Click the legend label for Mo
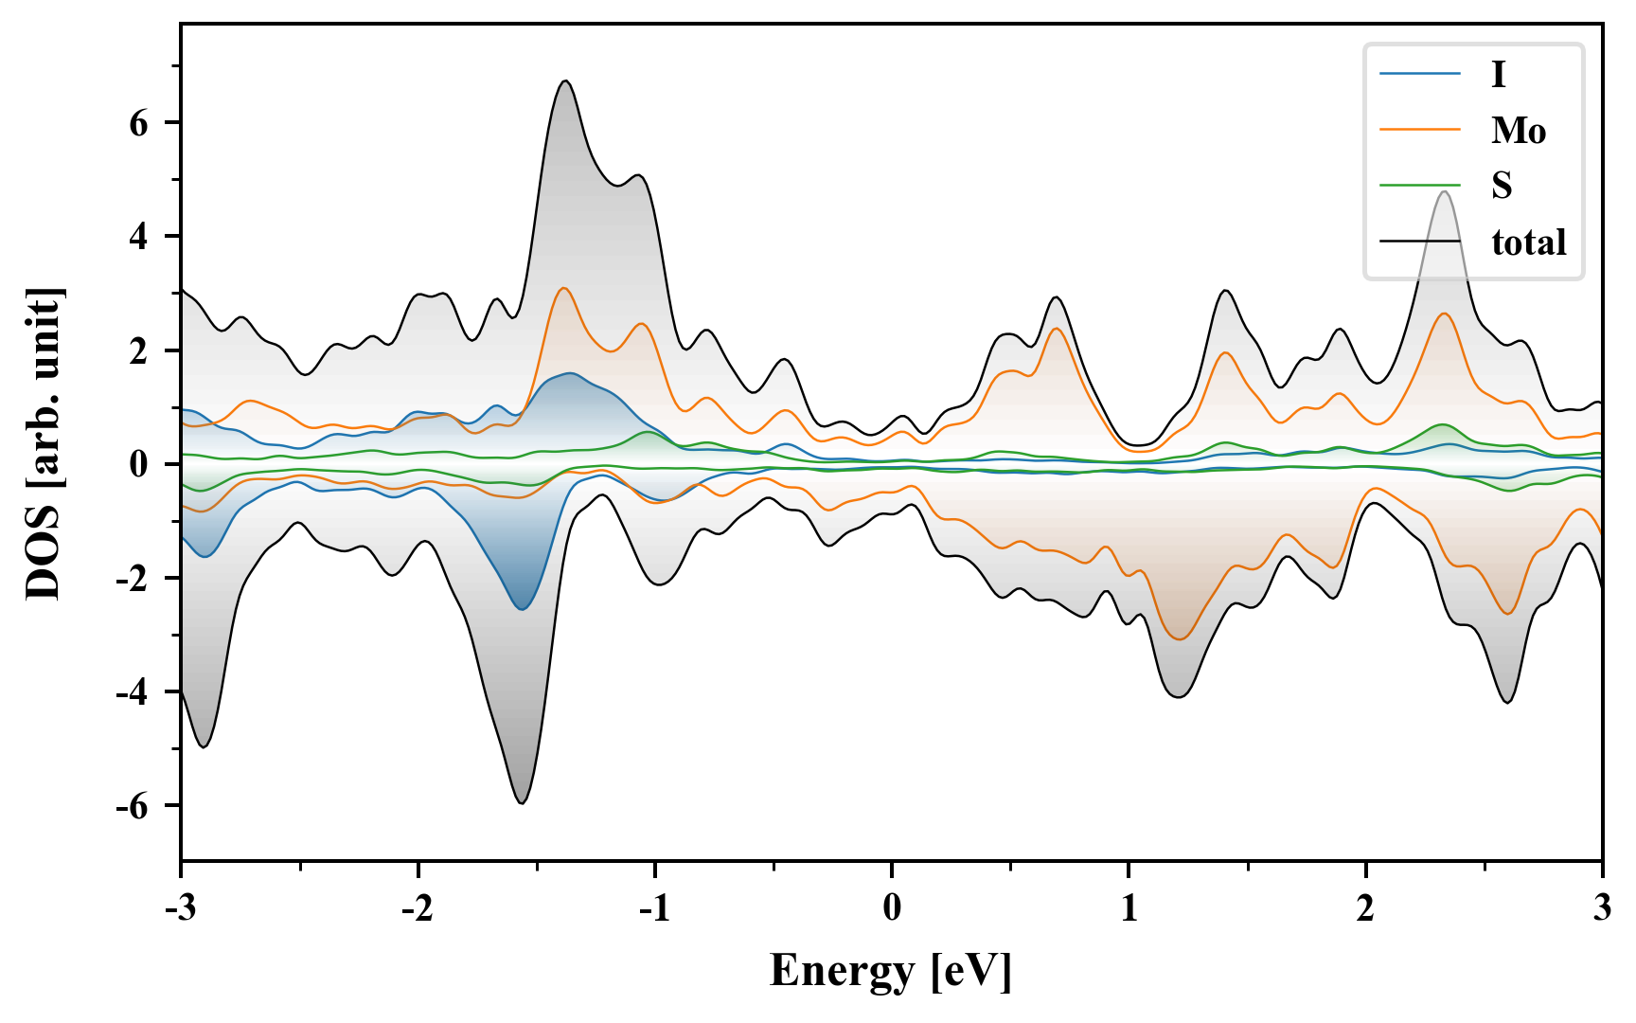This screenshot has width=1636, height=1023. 1519,130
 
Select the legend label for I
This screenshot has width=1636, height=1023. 1498,74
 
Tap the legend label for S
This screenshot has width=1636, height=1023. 1502,186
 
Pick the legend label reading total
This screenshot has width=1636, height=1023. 1529,242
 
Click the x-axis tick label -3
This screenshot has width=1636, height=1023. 180,908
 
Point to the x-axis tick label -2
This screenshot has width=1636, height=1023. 417,908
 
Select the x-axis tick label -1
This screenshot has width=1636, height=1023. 653,908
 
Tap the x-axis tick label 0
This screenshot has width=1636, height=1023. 892,908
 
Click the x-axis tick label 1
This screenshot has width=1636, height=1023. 1129,908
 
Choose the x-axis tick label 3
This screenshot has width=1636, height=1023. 1602,908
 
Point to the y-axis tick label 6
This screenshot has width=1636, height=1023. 139,123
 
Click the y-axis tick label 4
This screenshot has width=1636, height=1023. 139,237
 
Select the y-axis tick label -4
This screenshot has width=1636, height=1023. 133,692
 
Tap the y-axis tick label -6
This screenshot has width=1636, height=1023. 133,806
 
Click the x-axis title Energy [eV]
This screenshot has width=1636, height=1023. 891,971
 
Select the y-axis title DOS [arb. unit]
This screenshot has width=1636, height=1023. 44,443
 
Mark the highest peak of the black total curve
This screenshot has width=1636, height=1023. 565,81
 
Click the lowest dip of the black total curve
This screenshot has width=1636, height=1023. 522,803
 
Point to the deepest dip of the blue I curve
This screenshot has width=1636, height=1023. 523,609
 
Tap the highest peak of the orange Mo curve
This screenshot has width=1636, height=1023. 564,288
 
